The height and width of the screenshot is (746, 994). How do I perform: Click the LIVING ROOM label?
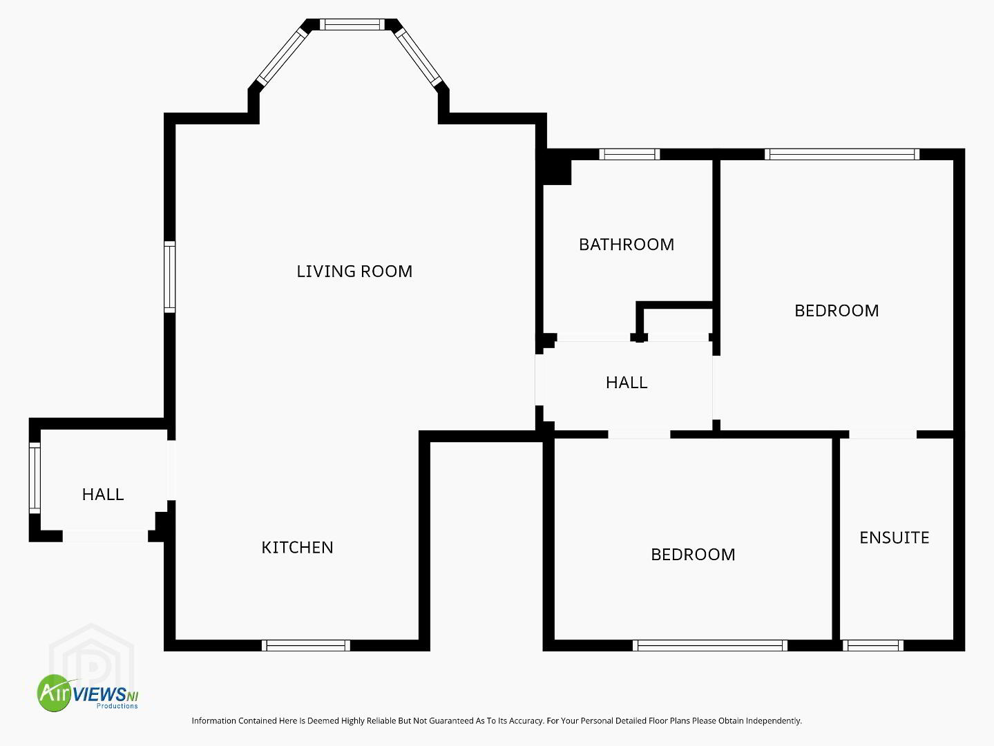[354, 271]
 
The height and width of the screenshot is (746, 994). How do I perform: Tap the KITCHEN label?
[297, 548]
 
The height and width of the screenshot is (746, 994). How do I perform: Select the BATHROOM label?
[627, 245]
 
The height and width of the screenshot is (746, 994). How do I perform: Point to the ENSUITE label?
[894, 538]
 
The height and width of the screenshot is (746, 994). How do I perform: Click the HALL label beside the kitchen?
[103, 495]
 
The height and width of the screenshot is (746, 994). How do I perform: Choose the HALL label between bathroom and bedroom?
[627, 383]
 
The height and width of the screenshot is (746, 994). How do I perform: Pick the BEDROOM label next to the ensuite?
[693, 555]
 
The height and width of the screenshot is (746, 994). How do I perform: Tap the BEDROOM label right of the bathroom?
[837, 311]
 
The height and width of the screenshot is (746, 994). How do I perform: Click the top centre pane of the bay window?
[352, 24]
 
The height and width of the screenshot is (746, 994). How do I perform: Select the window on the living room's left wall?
[169, 277]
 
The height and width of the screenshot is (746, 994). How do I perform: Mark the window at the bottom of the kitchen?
[306, 646]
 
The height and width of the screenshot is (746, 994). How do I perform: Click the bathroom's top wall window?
[629, 154]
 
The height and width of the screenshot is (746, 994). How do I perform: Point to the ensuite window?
[872, 646]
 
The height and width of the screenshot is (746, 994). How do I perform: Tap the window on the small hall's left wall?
[35, 478]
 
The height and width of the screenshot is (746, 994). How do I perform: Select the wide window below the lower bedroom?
[709, 646]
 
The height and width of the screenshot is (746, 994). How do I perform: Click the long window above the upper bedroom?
[842, 154]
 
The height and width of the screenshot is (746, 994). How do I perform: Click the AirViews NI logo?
[88, 693]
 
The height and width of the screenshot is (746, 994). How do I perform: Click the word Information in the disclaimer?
[215, 720]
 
